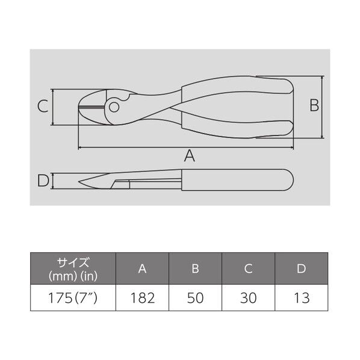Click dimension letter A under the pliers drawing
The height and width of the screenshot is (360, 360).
click(x=190, y=156)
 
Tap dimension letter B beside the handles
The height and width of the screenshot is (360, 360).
click(x=314, y=105)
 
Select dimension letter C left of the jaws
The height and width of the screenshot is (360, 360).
click(x=43, y=107)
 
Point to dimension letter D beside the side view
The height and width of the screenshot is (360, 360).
click(x=43, y=181)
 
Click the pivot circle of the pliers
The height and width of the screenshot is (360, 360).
click(x=114, y=107)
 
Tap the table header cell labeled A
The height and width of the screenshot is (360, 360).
click(x=142, y=268)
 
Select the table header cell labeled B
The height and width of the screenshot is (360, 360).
click(x=196, y=268)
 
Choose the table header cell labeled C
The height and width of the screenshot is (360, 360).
click(x=248, y=268)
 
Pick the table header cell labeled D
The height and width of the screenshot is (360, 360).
click(x=301, y=268)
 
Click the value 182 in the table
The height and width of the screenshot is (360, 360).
click(x=143, y=298)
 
